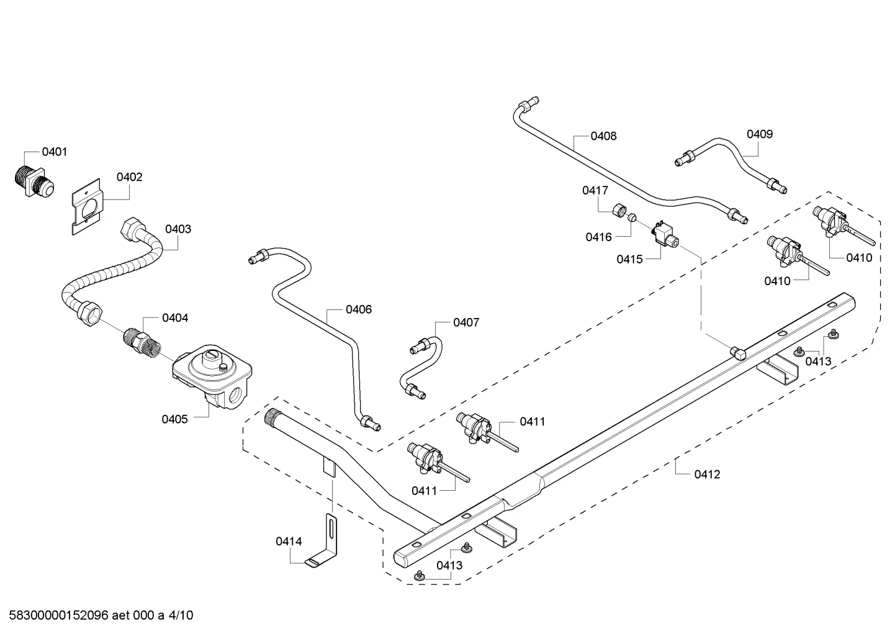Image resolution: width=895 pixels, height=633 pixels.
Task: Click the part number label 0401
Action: coord(55,152)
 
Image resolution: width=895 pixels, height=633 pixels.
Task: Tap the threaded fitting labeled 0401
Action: coord(34,183)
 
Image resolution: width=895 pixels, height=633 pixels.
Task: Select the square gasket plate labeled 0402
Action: coord(87,207)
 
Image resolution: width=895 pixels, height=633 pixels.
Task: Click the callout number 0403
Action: coord(178,229)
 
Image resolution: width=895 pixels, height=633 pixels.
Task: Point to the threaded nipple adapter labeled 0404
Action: coord(141,341)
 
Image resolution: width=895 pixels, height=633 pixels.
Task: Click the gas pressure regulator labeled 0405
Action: coord(212,376)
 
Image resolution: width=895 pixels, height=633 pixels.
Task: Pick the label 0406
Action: coord(358,309)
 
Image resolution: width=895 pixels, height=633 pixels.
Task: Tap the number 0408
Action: coord(603,137)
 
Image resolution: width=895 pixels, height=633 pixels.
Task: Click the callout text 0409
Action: coord(760,134)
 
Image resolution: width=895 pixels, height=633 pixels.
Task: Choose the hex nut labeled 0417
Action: coord(619,209)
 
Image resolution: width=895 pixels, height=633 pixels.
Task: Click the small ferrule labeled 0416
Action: coord(632,218)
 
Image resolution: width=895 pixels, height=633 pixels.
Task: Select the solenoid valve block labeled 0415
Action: coord(665,235)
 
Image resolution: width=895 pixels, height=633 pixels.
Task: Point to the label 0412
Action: coord(707,475)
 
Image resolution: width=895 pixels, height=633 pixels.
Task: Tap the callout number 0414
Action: coord(289,542)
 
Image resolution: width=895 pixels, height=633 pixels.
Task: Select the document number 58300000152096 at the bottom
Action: coord(59,616)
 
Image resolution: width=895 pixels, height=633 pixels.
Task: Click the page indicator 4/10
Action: coord(181,616)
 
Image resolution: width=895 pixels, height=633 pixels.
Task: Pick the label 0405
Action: coord(174,419)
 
